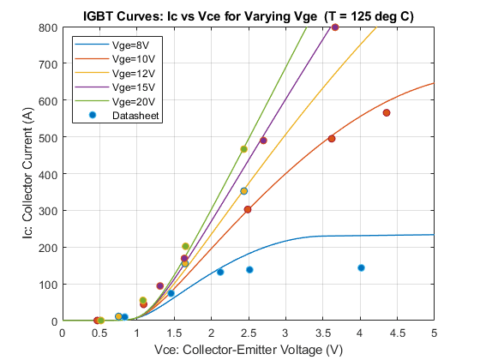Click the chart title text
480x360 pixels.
pos(249,16)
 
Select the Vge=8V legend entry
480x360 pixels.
pos(116,45)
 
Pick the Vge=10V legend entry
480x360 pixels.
pos(116,59)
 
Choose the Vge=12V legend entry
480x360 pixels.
pos(116,73)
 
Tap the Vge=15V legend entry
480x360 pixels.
pos(116,87)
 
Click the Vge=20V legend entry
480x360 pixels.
pos(116,101)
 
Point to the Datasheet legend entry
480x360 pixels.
pos(123,116)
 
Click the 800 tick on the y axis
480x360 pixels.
pos(48,27)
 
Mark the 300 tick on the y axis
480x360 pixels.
pos(48,211)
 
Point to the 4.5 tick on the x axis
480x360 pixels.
pos(397,333)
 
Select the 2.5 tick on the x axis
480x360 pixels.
pos(249,333)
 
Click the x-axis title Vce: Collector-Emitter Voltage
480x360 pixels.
pos(249,350)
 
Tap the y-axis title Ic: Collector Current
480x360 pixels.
pos(27,173)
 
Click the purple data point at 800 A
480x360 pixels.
pos(335,27)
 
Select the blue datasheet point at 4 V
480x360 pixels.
pos(361,267)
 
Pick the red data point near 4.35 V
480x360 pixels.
pos(387,112)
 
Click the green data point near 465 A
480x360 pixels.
pos(243,149)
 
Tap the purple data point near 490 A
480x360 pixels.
pos(263,141)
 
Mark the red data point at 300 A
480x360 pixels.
pos(248,209)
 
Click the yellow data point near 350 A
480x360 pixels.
pos(243,191)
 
